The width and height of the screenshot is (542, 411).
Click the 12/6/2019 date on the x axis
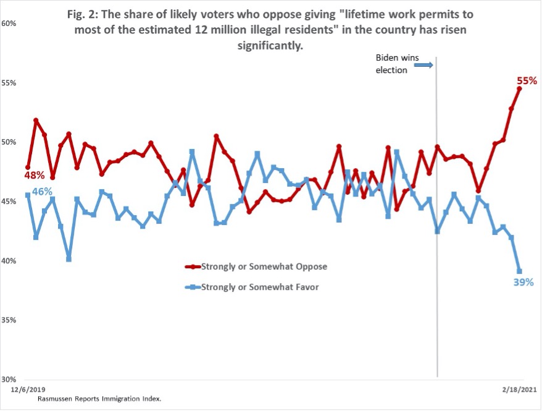tap(28, 389)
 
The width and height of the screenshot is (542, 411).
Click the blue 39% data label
tap(523, 282)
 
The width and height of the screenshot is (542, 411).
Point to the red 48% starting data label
tap(34, 176)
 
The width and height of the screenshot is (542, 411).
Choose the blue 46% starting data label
tap(42, 192)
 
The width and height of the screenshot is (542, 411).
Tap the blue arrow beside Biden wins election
tap(423, 64)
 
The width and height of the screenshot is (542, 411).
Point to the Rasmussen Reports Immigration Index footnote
tap(99, 399)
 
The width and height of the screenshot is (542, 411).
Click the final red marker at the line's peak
tap(519, 88)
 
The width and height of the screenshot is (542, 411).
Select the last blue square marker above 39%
tap(519, 271)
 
